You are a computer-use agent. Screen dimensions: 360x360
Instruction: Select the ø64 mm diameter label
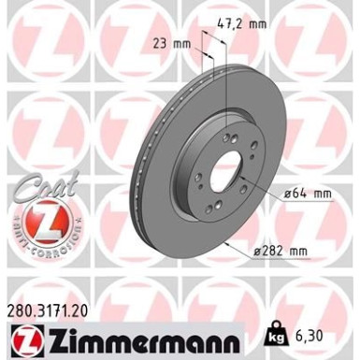coord(308,194)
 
